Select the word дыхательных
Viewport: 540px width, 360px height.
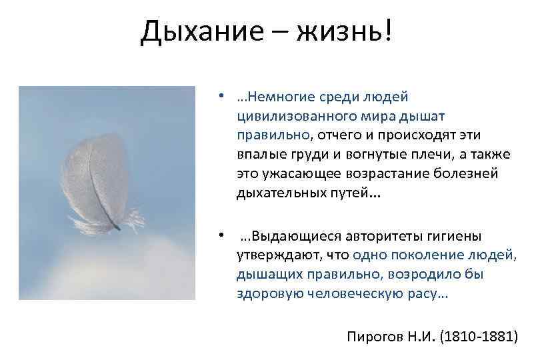(x=277, y=193)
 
